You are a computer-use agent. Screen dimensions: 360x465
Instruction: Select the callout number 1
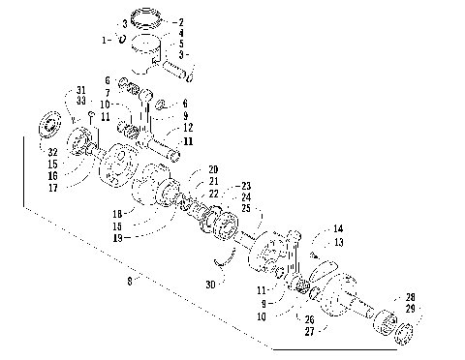click(x=106, y=40)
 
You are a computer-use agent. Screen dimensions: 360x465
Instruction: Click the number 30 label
click(x=211, y=284)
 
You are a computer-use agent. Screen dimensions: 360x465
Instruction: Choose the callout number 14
click(x=338, y=229)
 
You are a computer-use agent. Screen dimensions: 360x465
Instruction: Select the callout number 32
click(x=49, y=152)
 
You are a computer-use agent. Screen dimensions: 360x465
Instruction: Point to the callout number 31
click(x=80, y=90)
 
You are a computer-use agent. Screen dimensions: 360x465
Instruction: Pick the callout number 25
click(x=246, y=209)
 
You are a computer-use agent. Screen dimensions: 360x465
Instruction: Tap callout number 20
click(x=212, y=168)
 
